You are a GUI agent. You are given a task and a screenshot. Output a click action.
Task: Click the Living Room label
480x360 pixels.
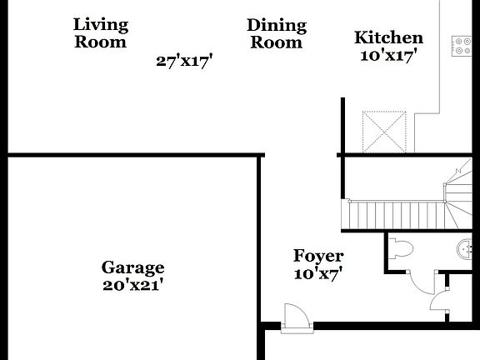(101, 32)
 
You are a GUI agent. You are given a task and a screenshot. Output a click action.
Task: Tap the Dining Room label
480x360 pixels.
(277, 33)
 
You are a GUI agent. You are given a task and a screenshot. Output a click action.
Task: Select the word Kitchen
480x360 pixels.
(388, 37)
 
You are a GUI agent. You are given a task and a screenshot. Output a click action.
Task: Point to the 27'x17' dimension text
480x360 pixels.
(185, 60)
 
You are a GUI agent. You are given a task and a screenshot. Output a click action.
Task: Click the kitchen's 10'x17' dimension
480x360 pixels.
(388, 55)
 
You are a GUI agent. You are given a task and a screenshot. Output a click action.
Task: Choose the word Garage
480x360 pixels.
(132, 267)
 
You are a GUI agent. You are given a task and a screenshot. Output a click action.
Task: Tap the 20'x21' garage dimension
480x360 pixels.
(132, 284)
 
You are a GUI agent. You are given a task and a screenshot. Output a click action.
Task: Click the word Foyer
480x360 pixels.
(318, 256)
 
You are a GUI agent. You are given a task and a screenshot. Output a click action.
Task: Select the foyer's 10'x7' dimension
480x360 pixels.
(318, 272)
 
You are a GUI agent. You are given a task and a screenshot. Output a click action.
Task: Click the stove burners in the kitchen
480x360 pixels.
(461, 45)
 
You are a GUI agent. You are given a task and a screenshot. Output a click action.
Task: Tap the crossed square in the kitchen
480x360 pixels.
(386, 130)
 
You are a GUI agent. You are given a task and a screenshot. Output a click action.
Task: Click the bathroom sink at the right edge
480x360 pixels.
(466, 248)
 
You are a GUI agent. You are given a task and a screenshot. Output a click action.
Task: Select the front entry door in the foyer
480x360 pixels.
(295, 317)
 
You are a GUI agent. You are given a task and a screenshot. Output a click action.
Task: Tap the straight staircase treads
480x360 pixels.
(392, 215)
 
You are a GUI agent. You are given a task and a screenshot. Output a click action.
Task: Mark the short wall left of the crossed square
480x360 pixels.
(342, 125)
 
